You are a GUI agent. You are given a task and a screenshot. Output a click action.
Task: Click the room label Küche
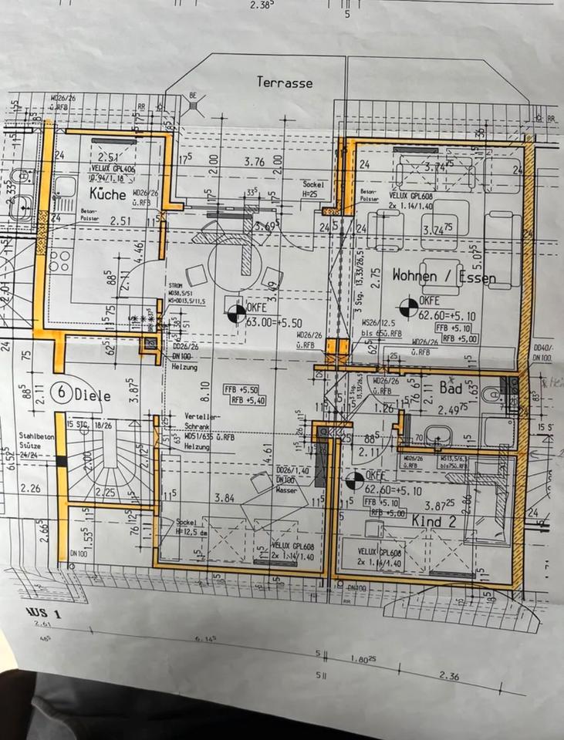coord(106,194)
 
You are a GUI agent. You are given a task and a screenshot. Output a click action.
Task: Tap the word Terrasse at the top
coord(285,82)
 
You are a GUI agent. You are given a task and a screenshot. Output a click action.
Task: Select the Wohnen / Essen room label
coord(444,275)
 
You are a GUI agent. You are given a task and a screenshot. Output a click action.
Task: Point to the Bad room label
coord(451,387)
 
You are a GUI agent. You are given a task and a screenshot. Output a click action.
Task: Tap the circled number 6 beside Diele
coord(60,392)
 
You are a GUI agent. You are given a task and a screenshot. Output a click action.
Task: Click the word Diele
coord(93,396)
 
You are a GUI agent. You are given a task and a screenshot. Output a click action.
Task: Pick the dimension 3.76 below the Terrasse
coord(254,162)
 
